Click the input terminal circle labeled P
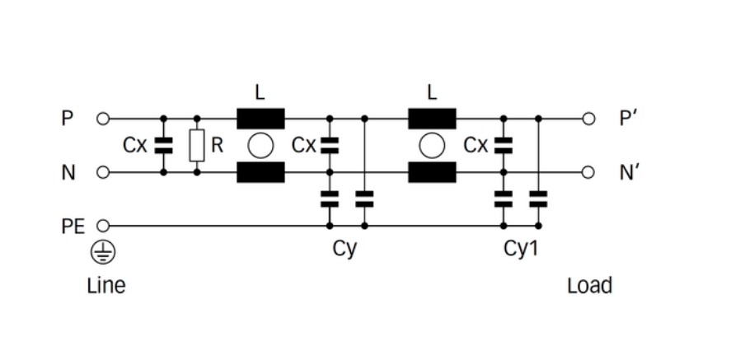coord(103,119)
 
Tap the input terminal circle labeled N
coord(103,172)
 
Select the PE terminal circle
coord(103,225)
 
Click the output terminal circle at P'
coord(588,119)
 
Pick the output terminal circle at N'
coord(588,172)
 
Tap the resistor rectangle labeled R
coord(197,146)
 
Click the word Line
coord(106,286)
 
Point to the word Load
coord(589,286)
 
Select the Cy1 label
coord(520,249)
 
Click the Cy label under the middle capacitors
coord(345,249)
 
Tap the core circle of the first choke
coord(260,146)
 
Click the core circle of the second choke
coord(432,146)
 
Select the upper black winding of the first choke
coord(260,119)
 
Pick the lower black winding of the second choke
coord(432,172)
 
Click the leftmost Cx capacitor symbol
coord(163,146)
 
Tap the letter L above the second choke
coord(432,91)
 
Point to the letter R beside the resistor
coord(217,146)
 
